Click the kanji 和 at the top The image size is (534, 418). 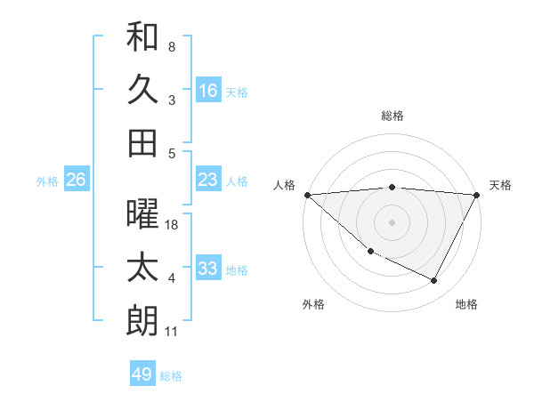pos(142,37)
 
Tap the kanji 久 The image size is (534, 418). pos(142,90)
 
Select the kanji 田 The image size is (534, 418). pos(142,142)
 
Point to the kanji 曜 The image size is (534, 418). pos(142,215)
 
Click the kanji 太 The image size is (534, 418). pos(142,269)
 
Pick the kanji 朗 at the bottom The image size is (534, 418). pos(142,321)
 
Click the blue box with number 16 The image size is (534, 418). pos(208,91)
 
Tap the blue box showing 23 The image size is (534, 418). pos(208,181)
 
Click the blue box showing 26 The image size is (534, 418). pos(76,181)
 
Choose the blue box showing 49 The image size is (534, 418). pos(142,374)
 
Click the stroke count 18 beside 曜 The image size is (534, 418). pos(172,225)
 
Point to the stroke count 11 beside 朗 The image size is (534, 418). pos(172,332)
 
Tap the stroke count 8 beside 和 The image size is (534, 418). pos(172,46)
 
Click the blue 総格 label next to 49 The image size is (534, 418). pos(171,376)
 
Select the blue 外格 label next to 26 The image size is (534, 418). pos(47,181)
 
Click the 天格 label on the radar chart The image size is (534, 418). pos(500,185)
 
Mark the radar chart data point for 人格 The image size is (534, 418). pos(307,195)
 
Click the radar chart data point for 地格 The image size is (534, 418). pos(434,281)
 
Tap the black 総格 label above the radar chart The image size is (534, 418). pos(392,116)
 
